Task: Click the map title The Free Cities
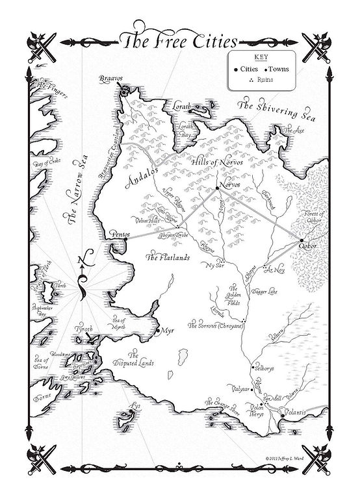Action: [x=179, y=43]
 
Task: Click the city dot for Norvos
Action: [x=218, y=188]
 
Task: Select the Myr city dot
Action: [x=158, y=331]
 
